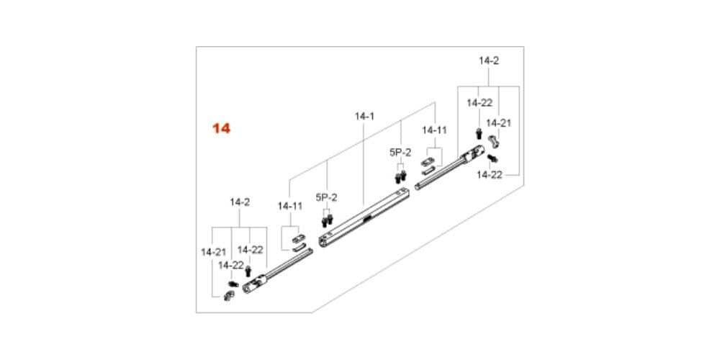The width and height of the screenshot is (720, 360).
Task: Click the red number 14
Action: pyautogui.click(x=221, y=128)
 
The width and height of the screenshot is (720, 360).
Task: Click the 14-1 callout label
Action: pyautogui.click(x=364, y=117)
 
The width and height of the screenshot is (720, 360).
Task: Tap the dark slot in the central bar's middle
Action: pyautogui.click(x=367, y=220)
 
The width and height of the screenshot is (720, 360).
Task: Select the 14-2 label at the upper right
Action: pyautogui.click(x=489, y=60)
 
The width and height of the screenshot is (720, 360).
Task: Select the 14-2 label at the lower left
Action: pyautogui.click(x=240, y=202)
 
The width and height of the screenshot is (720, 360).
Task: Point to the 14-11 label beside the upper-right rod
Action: pyautogui.click(x=434, y=130)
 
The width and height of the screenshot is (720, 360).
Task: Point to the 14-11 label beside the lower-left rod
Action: pyautogui.click(x=289, y=206)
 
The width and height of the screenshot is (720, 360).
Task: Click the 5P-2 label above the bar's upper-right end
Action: pyautogui.click(x=400, y=153)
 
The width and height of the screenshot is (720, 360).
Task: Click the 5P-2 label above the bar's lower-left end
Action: pyautogui.click(x=326, y=197)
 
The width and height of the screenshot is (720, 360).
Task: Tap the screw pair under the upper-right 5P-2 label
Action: pyautogui.click(x=401, y=176)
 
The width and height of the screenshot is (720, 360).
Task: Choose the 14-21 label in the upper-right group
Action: pyautogui.click(x=499, y=123)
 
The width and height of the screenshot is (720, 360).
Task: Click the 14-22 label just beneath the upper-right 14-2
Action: pyautogui.click(x=480, y=103)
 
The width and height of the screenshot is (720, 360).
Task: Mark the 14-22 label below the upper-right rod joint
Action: pyautogui.click(x=489, y=175)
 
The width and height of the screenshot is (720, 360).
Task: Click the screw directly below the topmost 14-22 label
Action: pyautogui.click(x=479, y=134)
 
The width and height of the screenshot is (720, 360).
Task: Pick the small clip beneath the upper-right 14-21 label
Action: pyautogui.click(x=495, y=141)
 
